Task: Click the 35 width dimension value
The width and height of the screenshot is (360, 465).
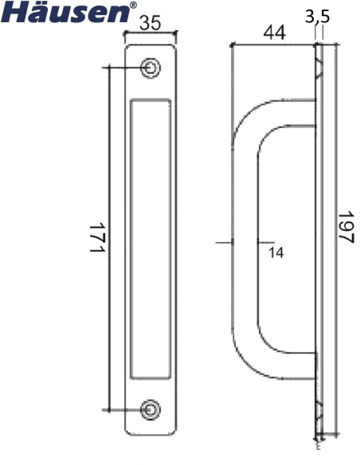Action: tap(151, 23)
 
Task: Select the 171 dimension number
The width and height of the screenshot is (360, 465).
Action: tap(96, 238)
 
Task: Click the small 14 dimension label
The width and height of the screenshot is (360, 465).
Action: tap(276, 252)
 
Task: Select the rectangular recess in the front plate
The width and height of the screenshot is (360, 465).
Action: tap(150, 238)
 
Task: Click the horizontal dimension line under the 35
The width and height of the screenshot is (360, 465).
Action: tap(151, 33)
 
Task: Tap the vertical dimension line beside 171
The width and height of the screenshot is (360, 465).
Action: tap(109, 238)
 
